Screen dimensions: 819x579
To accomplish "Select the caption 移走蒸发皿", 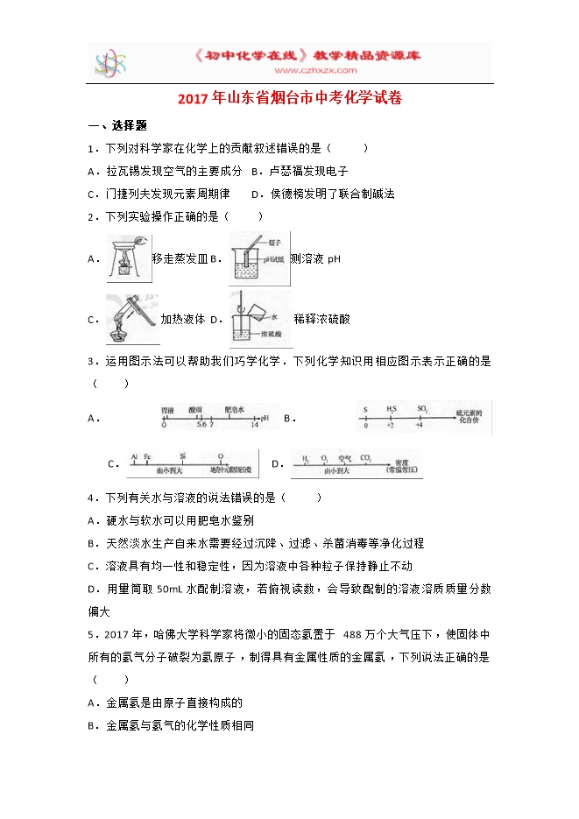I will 179,259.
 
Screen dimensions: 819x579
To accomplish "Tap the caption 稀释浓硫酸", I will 321,320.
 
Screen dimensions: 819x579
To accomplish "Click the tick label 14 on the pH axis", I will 254,425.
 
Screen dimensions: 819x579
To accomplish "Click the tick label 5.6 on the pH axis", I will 201,425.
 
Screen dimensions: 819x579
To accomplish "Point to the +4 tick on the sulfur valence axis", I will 418,425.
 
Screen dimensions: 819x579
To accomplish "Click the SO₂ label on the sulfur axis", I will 421,409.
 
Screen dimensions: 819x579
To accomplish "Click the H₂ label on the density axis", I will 306,457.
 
